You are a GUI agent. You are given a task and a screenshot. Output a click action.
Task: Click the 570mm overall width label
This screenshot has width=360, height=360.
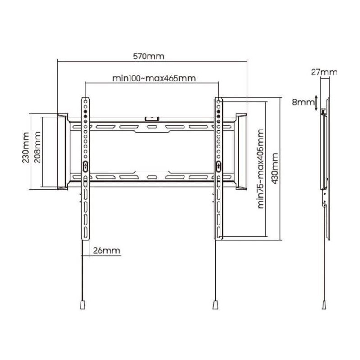click(148, 56)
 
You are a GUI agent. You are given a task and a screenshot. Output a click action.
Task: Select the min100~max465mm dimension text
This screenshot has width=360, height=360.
click(154, 78)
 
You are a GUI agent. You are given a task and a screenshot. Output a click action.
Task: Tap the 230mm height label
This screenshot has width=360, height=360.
click(26, 148)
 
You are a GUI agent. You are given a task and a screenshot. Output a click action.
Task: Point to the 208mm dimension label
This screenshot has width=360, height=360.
click(37, 147)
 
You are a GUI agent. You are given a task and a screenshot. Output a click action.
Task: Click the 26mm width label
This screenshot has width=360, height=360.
click(107, 251)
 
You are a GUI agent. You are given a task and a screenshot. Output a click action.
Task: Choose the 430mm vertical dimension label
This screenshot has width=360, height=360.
click(275, 168)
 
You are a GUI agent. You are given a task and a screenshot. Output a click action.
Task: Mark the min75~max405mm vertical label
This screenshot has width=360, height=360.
click(261, 169)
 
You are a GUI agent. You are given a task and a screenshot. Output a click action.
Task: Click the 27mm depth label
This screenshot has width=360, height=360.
click(324, 72)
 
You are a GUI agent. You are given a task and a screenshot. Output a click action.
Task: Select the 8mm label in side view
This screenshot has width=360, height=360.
click(303, 102)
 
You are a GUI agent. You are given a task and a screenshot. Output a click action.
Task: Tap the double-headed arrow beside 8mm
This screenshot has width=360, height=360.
click(316, 103)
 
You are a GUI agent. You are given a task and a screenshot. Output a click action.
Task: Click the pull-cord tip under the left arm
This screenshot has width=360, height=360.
click(83, 305)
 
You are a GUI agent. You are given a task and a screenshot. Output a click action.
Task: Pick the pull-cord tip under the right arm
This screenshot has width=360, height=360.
click(216, 305)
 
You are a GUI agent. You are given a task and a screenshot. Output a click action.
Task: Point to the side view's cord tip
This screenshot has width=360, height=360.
click(324, 305)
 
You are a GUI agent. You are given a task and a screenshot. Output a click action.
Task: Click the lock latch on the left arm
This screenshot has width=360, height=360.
click(85, 166)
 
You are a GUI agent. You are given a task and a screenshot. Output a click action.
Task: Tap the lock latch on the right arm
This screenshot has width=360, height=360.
click(219, 166)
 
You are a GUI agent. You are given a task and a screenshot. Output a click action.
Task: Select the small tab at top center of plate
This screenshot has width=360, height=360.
click(152, 119)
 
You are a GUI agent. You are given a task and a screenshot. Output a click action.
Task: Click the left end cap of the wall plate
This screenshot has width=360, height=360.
click(63, 152)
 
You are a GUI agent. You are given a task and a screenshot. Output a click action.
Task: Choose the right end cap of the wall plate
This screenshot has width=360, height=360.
click(241, 152)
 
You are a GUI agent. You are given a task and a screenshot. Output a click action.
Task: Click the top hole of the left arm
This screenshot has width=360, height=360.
click(85, 101)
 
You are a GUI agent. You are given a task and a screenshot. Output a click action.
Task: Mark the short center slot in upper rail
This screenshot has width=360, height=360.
click(152, 127)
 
